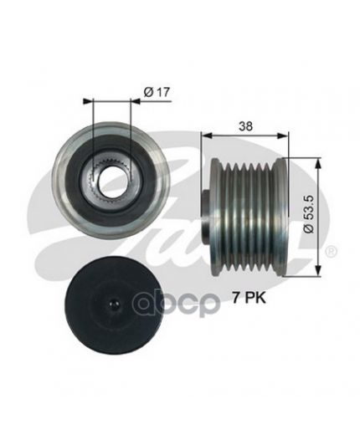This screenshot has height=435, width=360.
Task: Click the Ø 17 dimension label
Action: pos(157,92)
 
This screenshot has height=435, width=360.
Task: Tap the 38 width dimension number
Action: pos(245,126)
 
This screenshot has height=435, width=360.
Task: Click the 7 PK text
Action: pos(249,298)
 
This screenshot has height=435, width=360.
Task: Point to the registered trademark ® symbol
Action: pos(332,252)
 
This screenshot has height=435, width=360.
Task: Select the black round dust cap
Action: pos(115,303)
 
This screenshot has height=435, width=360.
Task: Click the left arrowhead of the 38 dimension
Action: pos(207,136)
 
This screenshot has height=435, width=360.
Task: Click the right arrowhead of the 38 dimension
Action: pos(282,136)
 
